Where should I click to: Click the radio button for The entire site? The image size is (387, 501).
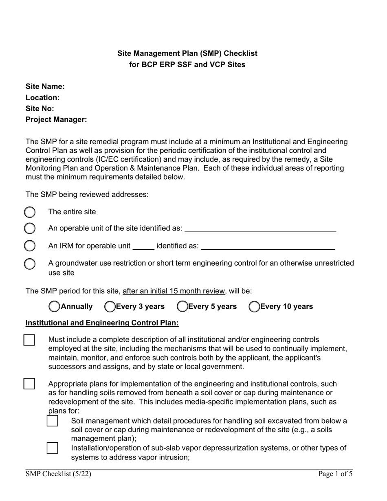click(x=30, y=212)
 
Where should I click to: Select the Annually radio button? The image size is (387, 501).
click(x=54, y=307)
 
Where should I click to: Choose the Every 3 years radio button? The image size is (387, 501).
click(x=110, y=307)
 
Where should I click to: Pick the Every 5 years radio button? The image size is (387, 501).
click(x=182, y=307)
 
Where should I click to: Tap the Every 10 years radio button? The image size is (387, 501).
click(x=254, y=307)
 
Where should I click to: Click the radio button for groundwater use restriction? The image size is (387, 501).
click(x=30, y=264)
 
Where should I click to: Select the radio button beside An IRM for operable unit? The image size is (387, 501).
click(x=30, y=246)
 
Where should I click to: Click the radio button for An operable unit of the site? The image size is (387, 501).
click(x=30, y=229)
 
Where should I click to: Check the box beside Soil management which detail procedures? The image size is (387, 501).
click(x=52, y=421)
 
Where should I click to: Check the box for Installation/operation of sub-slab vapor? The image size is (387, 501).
click(x=52, y=448)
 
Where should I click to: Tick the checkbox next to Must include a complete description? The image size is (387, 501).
click(x=29, y=340)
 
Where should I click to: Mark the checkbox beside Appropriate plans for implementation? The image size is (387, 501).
click(x=29, y=384)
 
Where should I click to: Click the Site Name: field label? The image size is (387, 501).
click(x=45, y=87)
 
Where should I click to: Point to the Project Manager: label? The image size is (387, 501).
click(x=56, y=120)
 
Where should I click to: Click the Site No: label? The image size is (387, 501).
click(x=40, y=109)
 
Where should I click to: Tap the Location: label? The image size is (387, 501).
click(x=43, y=98)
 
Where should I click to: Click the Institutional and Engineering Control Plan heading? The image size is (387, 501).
click(x=102, y=323)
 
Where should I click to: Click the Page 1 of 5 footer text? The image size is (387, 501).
click(x=335, y=474)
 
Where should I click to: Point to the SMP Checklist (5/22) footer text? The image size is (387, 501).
click(x=56, y=474)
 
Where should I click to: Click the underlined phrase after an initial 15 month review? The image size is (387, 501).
click(x=174, y=291)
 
